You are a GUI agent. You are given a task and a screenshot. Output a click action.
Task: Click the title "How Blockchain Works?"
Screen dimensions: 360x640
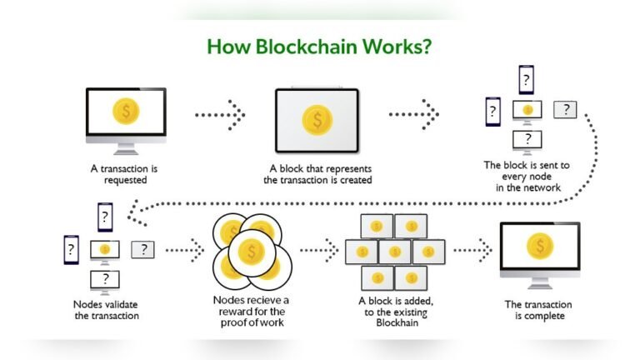click(319, 47)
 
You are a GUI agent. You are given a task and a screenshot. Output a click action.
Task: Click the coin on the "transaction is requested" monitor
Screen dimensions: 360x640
click(126, 112)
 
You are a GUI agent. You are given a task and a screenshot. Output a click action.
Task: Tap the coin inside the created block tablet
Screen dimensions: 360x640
click(317, 119)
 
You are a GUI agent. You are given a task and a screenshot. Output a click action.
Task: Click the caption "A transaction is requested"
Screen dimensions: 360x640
click(124, 173)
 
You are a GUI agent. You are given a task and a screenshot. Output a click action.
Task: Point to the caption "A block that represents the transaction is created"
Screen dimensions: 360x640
click(317, 173)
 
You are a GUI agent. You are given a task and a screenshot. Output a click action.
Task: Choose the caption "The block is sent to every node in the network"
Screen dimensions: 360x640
click(527, 177)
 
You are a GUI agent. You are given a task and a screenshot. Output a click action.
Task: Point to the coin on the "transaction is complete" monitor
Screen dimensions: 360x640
click(539, 246)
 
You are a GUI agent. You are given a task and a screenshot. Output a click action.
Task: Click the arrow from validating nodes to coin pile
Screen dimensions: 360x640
click(185, 248)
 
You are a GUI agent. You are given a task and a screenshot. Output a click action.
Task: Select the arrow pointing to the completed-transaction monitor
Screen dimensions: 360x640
click(472, 248)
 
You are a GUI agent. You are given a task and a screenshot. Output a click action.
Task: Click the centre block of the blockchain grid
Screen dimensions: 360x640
click(395, 251)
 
